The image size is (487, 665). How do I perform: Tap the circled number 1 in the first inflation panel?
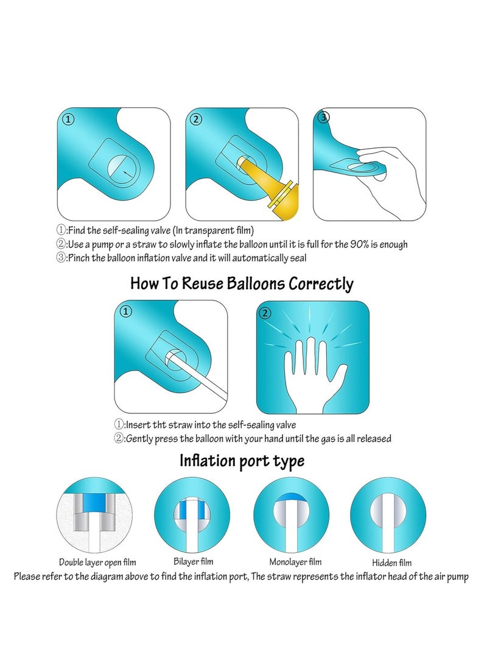tap(69, 120)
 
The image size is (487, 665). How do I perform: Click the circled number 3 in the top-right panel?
tap(324, 117)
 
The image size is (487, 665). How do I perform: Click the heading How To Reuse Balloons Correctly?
tap(242, 283)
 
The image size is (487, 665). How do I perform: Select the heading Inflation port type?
tap(242, 461)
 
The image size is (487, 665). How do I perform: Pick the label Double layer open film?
tap(97, 563)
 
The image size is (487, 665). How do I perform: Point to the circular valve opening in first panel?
tap(121, 168)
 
